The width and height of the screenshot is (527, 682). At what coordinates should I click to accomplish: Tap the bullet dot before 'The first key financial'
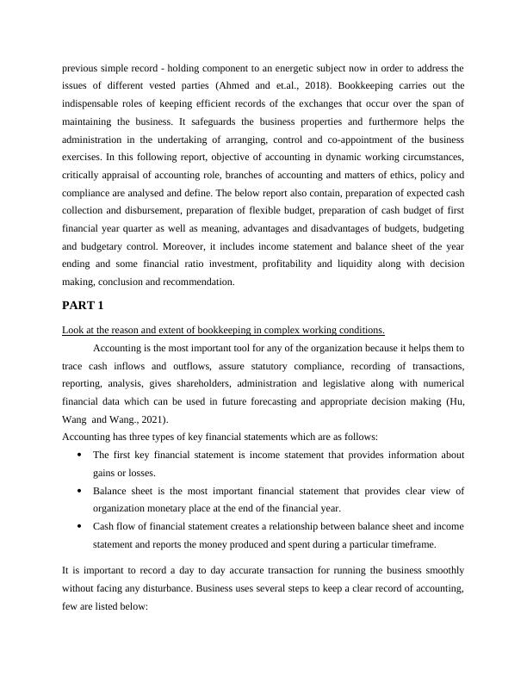(80, 455)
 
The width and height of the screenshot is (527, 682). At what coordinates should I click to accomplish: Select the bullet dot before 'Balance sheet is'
(80, 491)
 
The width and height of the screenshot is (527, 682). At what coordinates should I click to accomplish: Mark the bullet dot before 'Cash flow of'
(80, 527)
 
